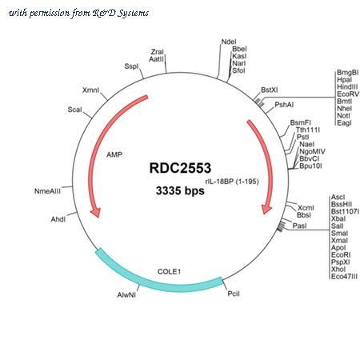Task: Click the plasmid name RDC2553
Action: point(180,168)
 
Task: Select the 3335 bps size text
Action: point(180,190)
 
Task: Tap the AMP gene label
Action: point(114,154)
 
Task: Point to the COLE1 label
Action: point(169,271)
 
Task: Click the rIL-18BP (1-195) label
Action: point(232,182)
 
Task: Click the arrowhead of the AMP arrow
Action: point(95,212)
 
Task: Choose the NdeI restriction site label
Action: point(229,42)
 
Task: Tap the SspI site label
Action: point(131,66)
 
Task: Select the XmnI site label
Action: point(90,90)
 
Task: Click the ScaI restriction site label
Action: point(74,110)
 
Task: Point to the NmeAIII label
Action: point(47,191)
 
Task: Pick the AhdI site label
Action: point(58,219)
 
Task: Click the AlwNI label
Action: point(126,295)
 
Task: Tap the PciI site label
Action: point(234,294)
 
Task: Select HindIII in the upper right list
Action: point(347,87)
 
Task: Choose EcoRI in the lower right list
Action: point(341,255)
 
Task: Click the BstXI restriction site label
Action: point(270,90)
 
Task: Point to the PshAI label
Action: point(284,105)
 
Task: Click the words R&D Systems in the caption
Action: point(121,13)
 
